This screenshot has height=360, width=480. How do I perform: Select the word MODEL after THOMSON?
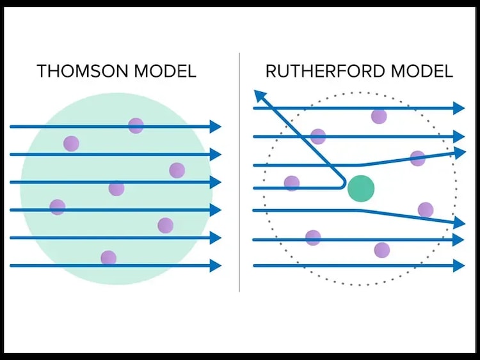[163, 70]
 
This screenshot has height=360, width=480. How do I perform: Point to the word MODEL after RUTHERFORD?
[421, 70]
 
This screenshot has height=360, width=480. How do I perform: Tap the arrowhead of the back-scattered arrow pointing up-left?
[259, 96]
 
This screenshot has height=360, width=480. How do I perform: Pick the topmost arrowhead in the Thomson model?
[215, 127]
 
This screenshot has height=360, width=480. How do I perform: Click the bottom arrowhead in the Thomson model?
[215, 265]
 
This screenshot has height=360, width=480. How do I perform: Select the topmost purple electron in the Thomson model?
[136, 125]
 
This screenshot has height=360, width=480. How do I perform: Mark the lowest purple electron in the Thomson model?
[108, 258]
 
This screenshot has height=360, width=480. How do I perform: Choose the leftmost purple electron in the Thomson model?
[58, 207]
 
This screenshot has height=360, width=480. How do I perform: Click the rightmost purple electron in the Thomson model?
[177, 170]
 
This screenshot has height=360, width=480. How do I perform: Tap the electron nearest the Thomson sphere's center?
[116, 188]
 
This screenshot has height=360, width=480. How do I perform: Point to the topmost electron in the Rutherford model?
[379, 116]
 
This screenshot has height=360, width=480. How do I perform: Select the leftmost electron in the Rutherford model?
[292, 184]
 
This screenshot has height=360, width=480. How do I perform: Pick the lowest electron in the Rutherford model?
[382, 249]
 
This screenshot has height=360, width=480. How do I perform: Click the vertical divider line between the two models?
[240, 173]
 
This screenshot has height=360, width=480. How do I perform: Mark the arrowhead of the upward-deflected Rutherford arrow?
[460, 152]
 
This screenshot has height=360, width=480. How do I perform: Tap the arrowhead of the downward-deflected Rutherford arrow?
[459, 223]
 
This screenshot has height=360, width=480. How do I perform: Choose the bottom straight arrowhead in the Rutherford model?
[458, 265]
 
